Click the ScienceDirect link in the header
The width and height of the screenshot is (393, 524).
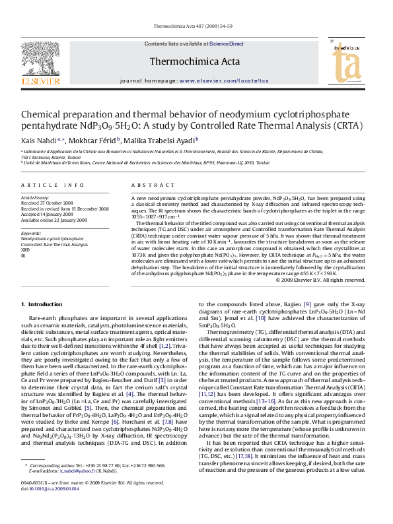click(x=227, y=44)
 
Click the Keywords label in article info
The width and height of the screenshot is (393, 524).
click(x=31, y=233)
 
